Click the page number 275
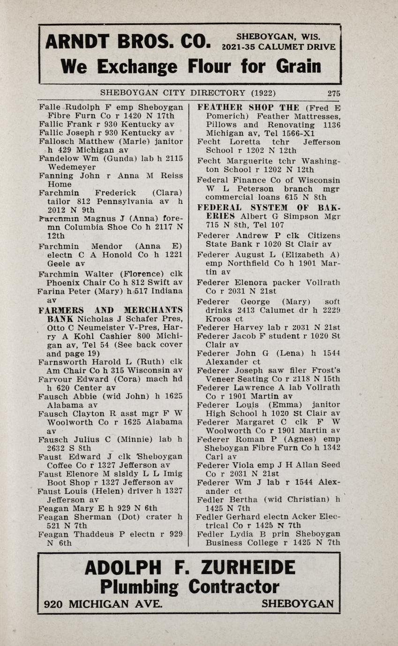pyautogui.click(x=334, y=93)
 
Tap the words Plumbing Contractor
pyautogui.click(x=189, y=587)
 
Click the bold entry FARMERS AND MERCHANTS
pyautogui.click(x=111, y=310)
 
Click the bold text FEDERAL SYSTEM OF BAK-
pyautogui.click(x=269, y=207)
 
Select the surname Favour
pyautogui.click(x=55, y=380)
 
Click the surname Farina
pyautogui.click(x=51, y=291)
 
